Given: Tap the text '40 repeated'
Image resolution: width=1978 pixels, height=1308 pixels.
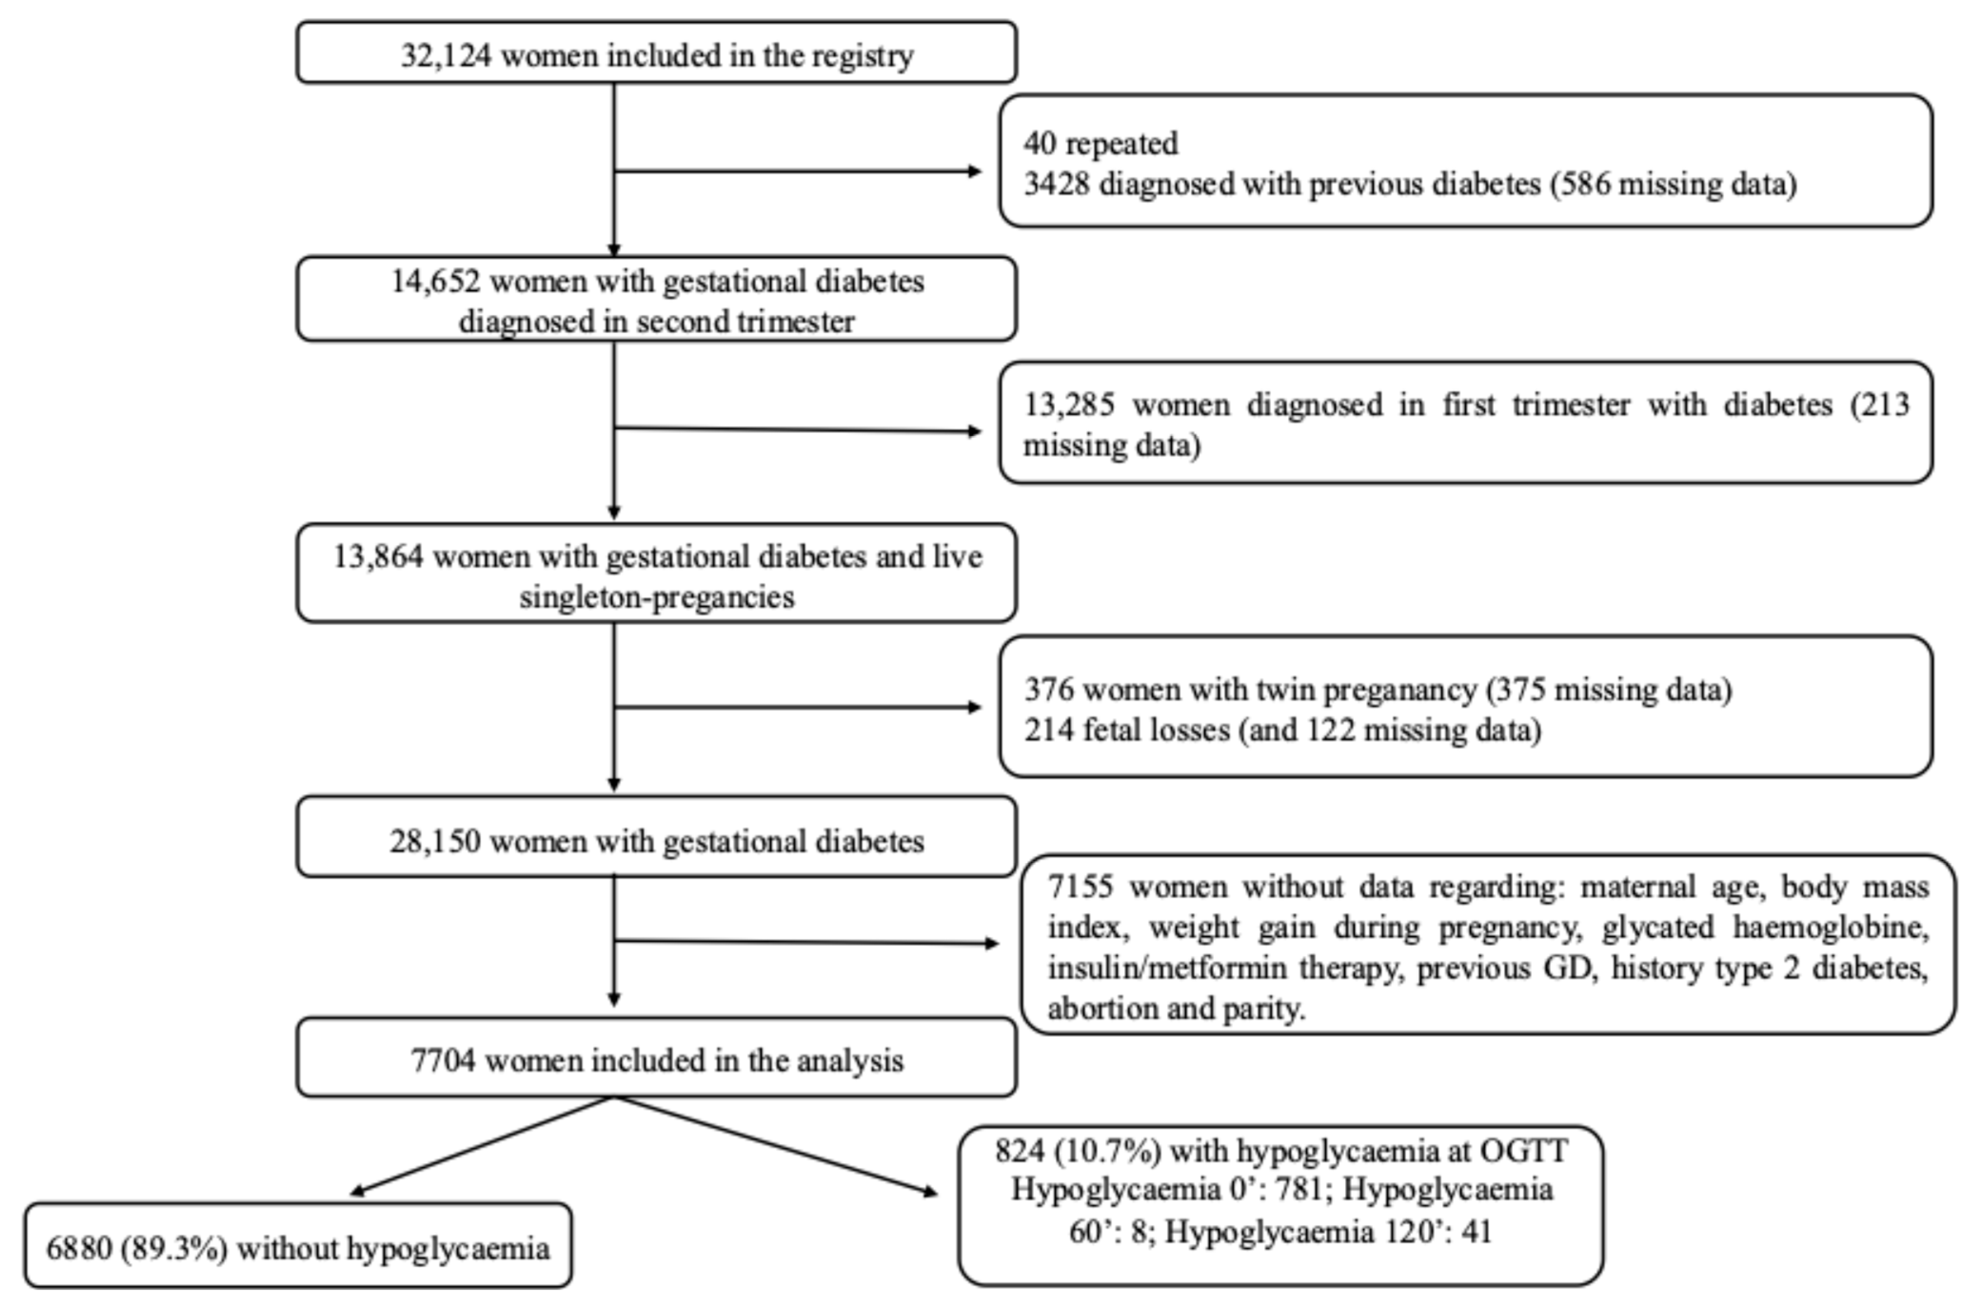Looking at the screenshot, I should (1101, 144).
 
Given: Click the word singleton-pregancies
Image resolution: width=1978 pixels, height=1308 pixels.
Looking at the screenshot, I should (657, 597).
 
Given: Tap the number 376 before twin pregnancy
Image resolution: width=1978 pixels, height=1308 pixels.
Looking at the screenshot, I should (1049, 690).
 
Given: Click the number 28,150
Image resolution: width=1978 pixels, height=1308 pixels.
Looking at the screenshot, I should (434, 842).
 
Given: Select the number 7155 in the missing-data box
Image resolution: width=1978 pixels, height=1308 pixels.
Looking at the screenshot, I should (1080, 887).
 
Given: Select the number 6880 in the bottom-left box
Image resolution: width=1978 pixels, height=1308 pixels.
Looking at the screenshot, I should (79, 1249).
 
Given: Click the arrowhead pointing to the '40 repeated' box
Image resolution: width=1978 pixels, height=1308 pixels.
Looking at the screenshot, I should (974, 171).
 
